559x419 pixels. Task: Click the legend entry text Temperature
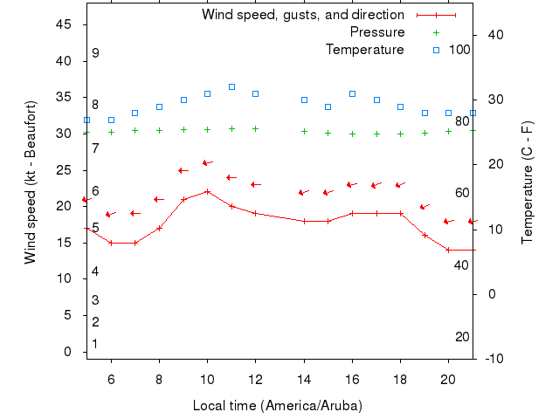coord(364,50)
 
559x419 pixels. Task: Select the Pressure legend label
coord(376,32)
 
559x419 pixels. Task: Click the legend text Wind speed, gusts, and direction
coord(302,15)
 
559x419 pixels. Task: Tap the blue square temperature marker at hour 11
coord(231,87)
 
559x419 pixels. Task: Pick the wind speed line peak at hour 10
coord(207,191)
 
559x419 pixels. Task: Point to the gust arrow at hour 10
coord(208,162)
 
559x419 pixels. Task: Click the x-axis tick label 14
coord(304,380)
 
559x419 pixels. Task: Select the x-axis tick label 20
coord(448,380)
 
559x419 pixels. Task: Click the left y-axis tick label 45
coord(64,24)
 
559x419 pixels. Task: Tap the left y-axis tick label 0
coord(68,352)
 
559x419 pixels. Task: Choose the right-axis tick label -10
coord(490,359)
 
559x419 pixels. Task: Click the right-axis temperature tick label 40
coord(493,35)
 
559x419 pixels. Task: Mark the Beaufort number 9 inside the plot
coord(95,53)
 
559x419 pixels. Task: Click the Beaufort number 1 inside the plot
coord(95,344)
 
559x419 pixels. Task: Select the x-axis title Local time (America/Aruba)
coord(277,406)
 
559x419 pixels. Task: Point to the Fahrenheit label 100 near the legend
coord(459,50)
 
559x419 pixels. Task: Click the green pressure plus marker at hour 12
coord(255,129)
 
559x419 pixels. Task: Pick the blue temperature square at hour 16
coord(352,93)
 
